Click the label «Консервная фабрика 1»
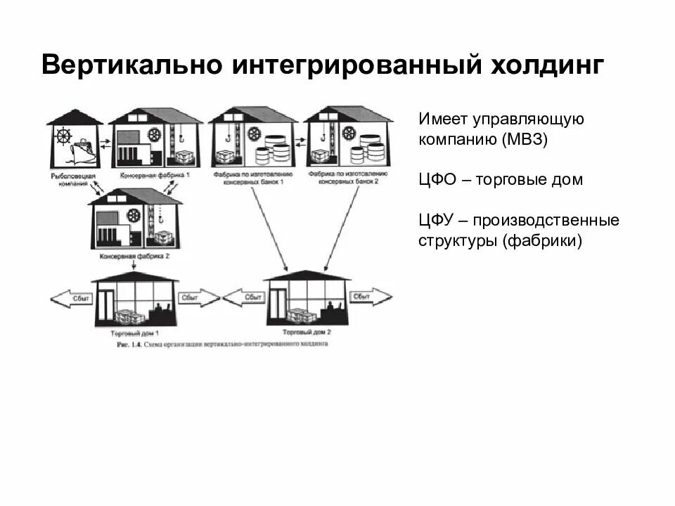click(x=149, y=174)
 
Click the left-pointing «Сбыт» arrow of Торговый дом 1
click(x=71, y=299)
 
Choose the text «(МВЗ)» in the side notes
click(x=525, y=139)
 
